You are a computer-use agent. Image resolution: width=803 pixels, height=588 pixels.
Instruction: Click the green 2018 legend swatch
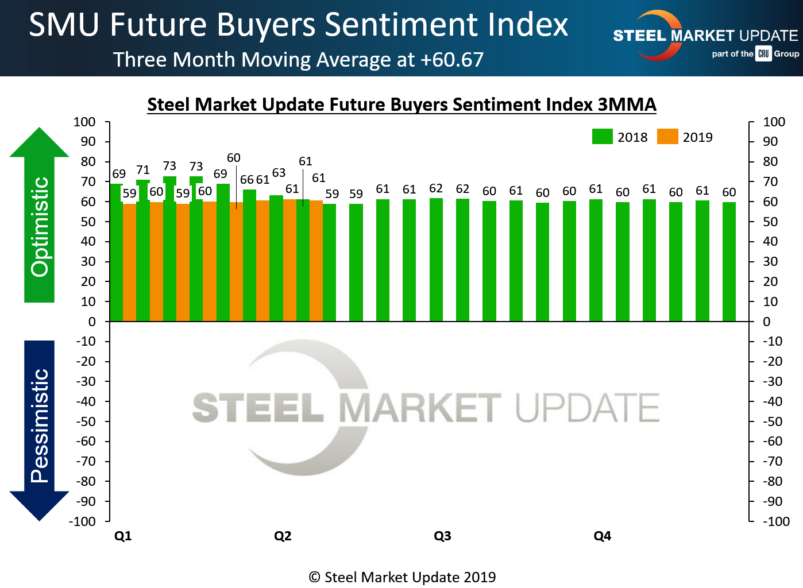click(x=602, y=137)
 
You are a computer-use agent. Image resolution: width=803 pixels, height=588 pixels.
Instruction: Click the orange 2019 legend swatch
click(x=667, y=137)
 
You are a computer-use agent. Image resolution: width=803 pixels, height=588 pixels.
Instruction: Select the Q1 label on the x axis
click(x=123, y=536)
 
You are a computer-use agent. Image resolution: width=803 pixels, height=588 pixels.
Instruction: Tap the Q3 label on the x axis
click(x=442, y=536)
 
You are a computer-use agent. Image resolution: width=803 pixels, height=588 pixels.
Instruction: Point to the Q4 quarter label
click(x=602, y=536)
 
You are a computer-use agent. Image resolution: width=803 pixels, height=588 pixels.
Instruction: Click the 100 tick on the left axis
click(x=84, y=122)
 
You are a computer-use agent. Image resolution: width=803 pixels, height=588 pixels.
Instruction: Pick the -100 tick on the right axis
click(x=776, y=521)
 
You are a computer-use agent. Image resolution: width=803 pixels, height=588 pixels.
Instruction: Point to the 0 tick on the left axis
click(x=92, y=322)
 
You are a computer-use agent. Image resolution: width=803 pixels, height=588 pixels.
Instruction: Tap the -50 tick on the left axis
click(x=86, y=421)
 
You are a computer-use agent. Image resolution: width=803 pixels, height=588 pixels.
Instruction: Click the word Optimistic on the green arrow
click(x=40, y=227)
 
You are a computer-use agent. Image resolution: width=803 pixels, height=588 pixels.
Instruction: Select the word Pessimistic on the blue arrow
click(x=40, y=425)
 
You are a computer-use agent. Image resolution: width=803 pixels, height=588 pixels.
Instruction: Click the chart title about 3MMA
click(x=401, y=105)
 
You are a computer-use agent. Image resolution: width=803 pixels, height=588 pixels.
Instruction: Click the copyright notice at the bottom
click(x=402, y=577)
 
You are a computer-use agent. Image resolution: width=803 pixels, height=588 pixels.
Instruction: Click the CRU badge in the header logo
click(x=763, y=53)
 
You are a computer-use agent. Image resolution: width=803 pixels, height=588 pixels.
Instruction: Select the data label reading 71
click(x=143, y=170)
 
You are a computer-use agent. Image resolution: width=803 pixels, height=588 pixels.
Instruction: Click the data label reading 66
click(x=247, y=180)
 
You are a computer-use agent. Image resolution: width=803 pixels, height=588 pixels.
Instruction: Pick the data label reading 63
click(x=279, y=173)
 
